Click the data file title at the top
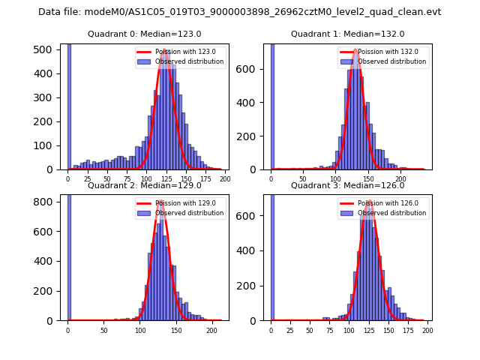point(239,12)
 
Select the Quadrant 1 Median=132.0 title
point(347,34)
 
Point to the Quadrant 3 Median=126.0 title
point(347,185)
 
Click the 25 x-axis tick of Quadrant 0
point(88,179)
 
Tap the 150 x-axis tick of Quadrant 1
point(368,179)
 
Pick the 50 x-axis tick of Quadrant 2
point(104,330)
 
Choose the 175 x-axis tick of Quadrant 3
point(408,330)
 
